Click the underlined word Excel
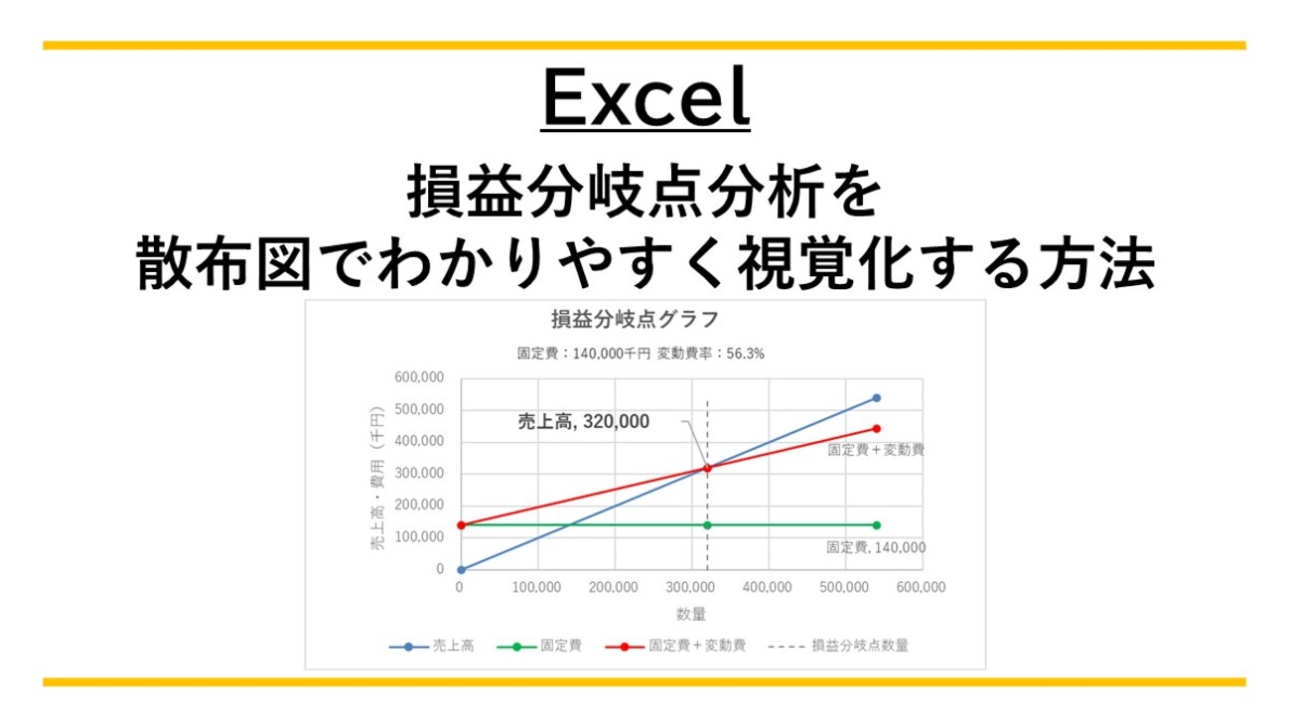[x=645, y=99]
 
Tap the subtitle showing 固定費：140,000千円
[x=575, y=353]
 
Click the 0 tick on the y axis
[x=438, y=569]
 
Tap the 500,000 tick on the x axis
[x=844, y=588]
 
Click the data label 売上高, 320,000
[x=584, y=421]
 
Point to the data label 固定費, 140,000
[x=876, y=547]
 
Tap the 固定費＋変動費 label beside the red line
[x=876, y=450]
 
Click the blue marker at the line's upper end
[x=876, y=397]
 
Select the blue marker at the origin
[x=460, y=569]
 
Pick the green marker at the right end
[x=876, y=525]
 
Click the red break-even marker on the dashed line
[x=707, y=468]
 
